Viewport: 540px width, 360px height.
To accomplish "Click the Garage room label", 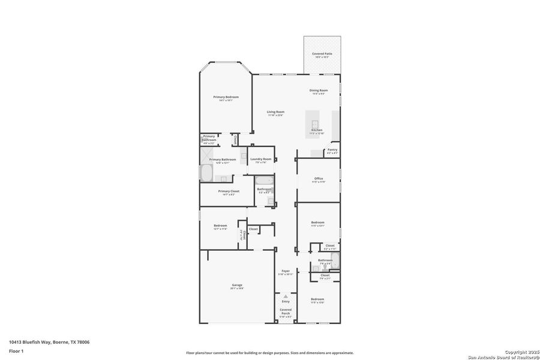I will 236,286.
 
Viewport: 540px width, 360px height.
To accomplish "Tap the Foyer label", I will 286,272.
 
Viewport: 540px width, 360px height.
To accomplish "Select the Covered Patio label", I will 322,55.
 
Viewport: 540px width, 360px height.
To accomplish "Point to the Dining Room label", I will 319,92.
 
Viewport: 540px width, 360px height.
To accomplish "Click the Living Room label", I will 275,113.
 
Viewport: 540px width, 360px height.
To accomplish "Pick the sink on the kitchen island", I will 314,122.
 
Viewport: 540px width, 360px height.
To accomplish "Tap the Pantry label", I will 332,151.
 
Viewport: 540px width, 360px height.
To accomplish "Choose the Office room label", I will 319,179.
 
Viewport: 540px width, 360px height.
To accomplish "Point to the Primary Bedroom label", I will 226,98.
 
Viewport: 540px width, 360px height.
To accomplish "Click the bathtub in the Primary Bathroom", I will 206,173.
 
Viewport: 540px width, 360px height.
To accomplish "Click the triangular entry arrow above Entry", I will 286,296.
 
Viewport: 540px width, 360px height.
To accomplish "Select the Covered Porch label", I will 286,313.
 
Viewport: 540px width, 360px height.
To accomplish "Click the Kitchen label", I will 317,131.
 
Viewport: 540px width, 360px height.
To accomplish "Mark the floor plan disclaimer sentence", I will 269,353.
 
